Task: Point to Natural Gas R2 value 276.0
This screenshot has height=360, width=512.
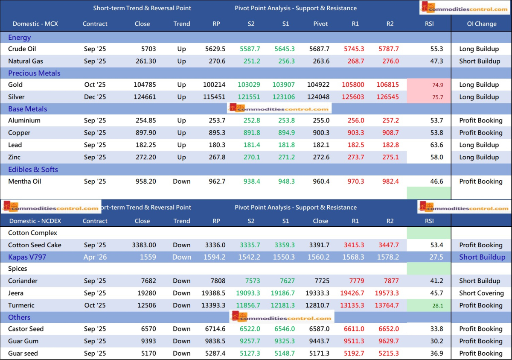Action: (390, 61)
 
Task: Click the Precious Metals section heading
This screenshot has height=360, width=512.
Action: (34, 73)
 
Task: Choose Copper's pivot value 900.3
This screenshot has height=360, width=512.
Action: (321, 133)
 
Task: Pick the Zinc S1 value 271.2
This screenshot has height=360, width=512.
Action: (285, 157)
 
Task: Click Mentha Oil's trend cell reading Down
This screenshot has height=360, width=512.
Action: (182, 181)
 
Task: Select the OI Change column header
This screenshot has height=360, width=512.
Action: (481, 24)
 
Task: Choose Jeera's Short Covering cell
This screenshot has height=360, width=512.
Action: (481, 293)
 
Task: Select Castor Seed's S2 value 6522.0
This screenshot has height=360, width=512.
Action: (250, 329)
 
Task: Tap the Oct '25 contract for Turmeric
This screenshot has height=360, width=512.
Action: (95, 305)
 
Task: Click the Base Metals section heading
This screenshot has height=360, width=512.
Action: (27, 109)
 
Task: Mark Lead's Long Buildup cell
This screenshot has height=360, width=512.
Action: (479, 145)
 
